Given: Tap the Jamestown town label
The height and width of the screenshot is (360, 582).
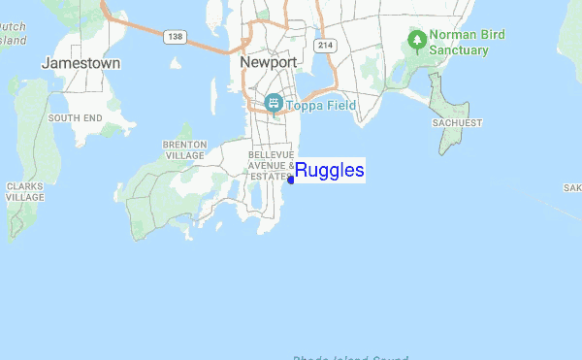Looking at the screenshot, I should click(81, 63).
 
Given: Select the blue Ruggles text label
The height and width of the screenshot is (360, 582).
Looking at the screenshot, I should click(330, 172).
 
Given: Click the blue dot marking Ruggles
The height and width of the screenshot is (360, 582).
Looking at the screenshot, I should click(291, 179).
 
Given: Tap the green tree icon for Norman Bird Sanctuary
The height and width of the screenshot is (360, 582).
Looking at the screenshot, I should click(417, 41).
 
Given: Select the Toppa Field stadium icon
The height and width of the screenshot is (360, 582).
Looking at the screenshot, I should click(274, 103).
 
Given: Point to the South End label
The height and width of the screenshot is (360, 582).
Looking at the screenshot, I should click(75, 117).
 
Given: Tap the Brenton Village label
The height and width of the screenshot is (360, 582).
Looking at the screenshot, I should click(184, 149).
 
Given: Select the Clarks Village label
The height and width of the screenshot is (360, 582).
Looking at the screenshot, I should click(24, 190).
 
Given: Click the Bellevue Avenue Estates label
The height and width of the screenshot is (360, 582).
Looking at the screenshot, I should click(271, 165).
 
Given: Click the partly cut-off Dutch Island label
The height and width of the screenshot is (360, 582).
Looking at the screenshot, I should click(13, 35).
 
